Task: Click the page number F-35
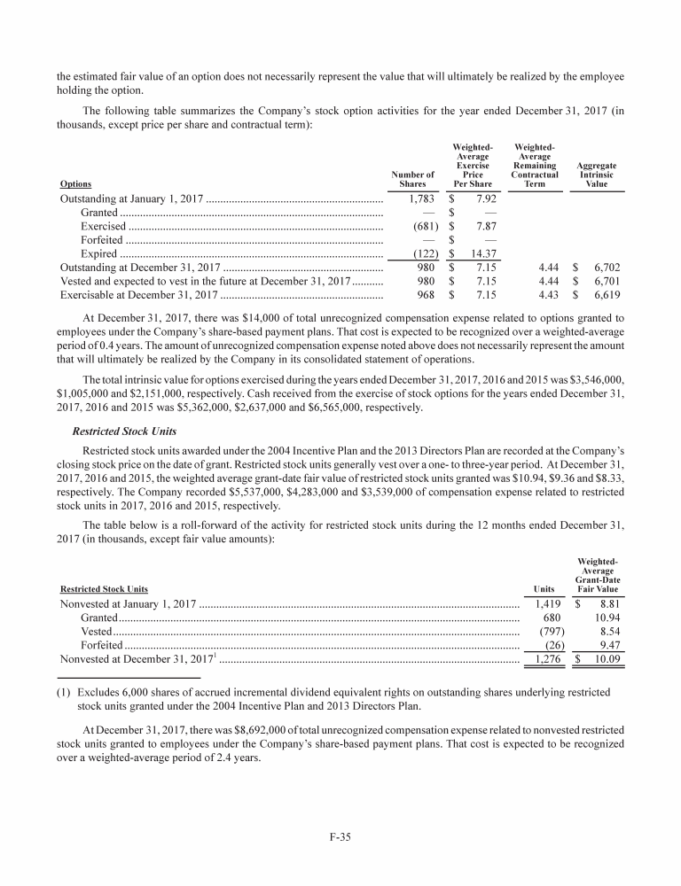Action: [x=340, y=839]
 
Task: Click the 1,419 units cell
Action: [x=544, y=603]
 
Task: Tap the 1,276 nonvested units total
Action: [x=544, y=659]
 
